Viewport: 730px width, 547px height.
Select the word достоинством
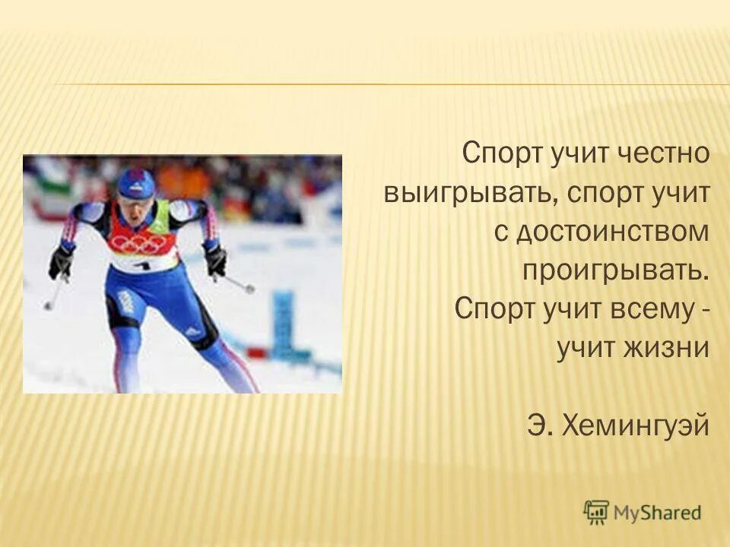pyautogui.click(x=613, y=232)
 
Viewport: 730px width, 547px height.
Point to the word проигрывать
pyautogui.click(x=616, y=271)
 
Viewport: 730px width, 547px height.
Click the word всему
pyautogui.click(x=633, y=310)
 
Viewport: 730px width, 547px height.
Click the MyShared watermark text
pyautogui.click(x=659, y=513)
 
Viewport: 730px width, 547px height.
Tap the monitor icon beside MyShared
pyautogui.click(x=597, y=512)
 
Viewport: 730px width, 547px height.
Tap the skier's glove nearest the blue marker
pyautogui.click(x=215, y=261)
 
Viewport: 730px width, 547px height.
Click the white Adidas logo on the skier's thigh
pyautogui.click(x=194, y=332)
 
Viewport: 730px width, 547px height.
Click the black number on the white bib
pyautogui.click(x=141, y=265)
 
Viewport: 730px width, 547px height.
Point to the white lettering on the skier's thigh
pyautogui.click(x=125, y=305)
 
